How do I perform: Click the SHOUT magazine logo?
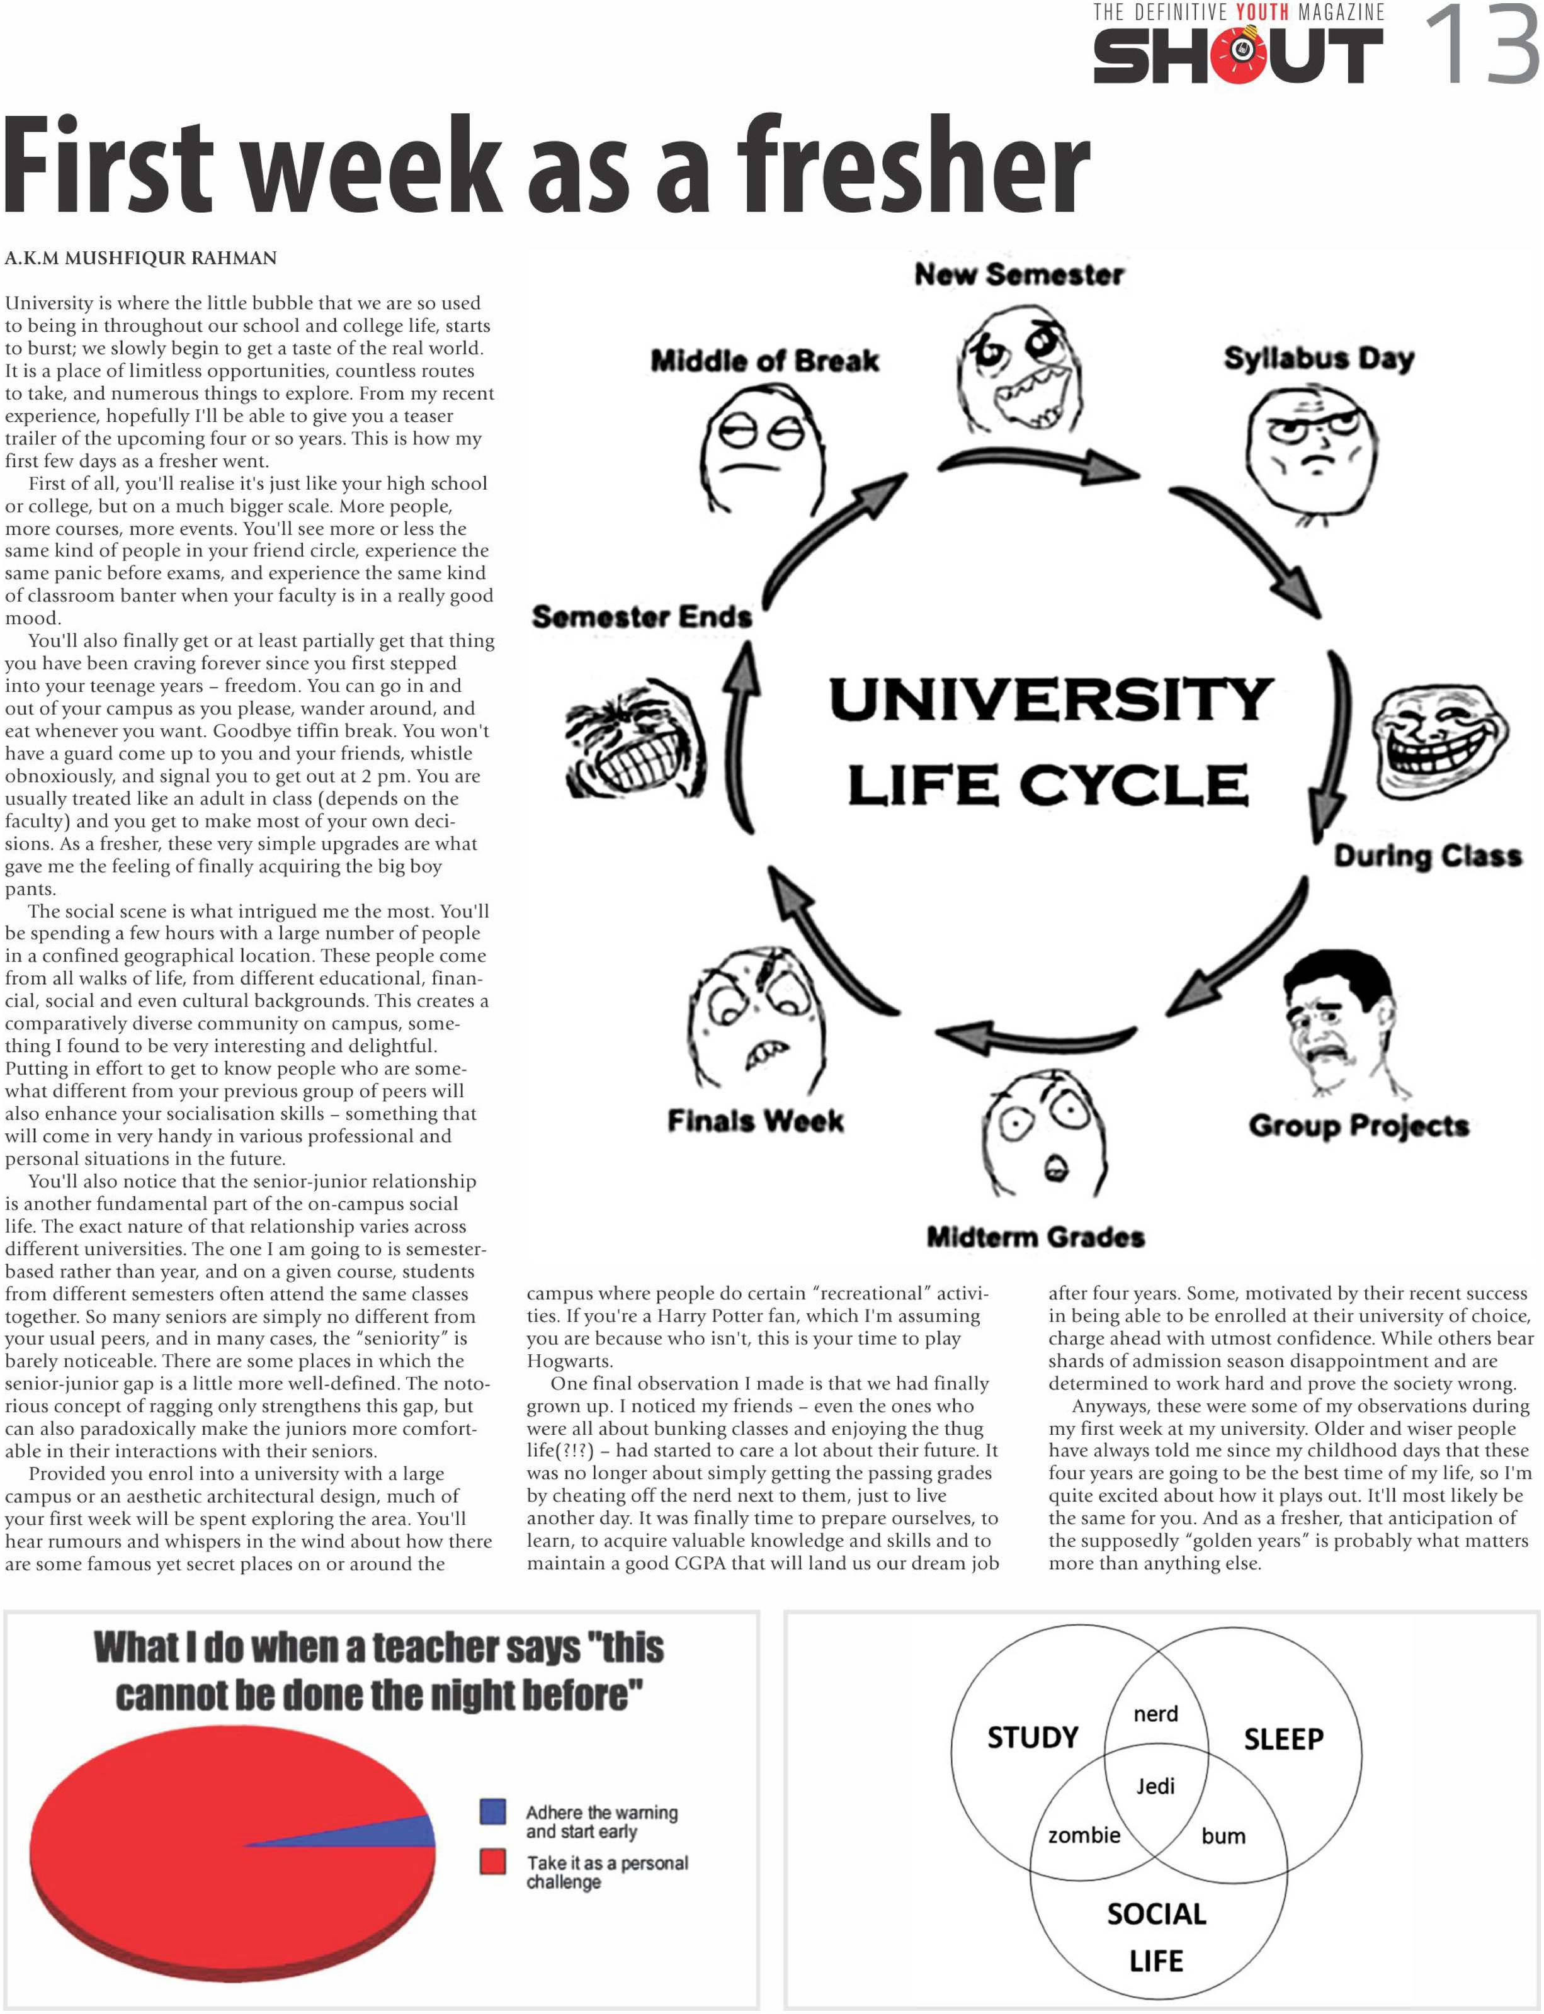pyautogui.click(x=1237, y=55)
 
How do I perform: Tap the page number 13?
pyautogui.click(x=1482, y=44)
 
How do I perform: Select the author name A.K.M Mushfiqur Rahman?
pyautogui.click(x=140, y=258)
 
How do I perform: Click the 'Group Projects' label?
pyautogui.click(x=1358, y=1126)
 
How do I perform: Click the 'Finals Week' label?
pyautogui.click(x=756, y=1121)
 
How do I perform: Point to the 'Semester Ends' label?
pyautogui.click(x=642, y=616)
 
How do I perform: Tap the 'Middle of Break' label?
pyautogui.click(x=764, y=361)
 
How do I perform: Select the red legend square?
pyautogui.click(x=492, y=1862)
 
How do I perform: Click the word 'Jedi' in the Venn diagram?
pyautogui.click(x=1155, y=1786)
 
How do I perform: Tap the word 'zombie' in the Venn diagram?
pyautogui.click(x=1084, y=1836)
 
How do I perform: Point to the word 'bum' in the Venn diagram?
pyautogui.click(x=1223, y=1836)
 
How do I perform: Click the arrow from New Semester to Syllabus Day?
pyautogui.click(x=1038, y=464)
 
